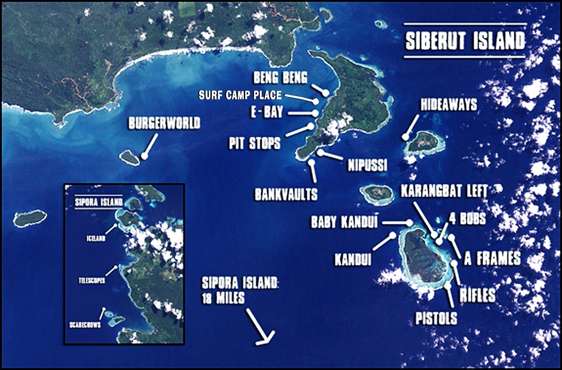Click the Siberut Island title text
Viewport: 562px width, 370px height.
(x=465, y=41)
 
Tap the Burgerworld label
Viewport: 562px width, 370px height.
(x=164, y=123)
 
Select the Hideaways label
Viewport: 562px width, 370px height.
(x=449, y=104)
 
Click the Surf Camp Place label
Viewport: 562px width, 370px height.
(x=240, y=95)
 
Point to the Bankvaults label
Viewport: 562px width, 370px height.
(x=286, y=194)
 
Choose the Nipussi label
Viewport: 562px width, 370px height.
(x=367, y=165)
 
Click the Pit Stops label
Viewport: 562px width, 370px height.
(x=255, y=143)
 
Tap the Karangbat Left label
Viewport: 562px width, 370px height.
(x=444, y=191)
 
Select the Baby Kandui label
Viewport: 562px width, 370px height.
(x=344, y=222)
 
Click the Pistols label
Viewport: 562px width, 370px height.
(x=436, y=318)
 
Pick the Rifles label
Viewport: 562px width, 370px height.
(x=477, y=295)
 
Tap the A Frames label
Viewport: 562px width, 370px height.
(x=492, y=259)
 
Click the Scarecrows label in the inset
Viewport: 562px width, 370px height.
(x=85, y=325)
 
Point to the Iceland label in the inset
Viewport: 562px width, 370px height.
(x=96, y=239)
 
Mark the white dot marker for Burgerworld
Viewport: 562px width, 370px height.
(x=144, y=156)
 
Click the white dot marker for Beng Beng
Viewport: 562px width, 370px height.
(x=326, y=93)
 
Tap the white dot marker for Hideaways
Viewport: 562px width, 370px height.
(x=406, y=137)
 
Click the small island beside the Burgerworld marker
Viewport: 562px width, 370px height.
(x=129, y=157)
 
